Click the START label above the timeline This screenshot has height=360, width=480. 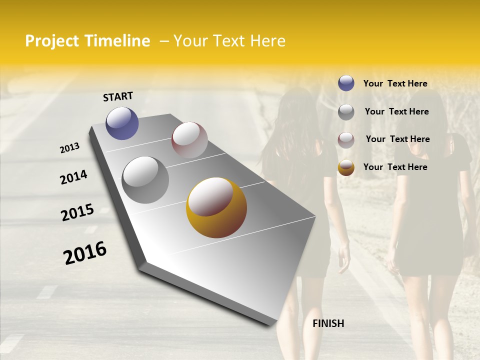pos(118,96)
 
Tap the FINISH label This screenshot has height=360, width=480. pos(328,323)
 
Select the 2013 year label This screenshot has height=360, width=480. pos(70,147)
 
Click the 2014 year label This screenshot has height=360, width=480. pos(73,177)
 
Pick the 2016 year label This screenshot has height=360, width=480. pos(85,252)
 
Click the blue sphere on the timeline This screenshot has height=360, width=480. pos(122,123)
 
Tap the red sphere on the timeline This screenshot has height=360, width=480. pos(189,140)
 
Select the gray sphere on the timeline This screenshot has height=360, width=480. pos(145,180)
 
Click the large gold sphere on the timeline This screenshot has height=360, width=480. pos(216,207)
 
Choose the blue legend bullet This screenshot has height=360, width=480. pos(346,83)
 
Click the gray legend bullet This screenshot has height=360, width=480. pos(346,112)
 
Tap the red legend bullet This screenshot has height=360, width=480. pos(346,139)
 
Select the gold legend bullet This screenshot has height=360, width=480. pos(346,167)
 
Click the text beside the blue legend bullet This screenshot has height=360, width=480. pos(395,83)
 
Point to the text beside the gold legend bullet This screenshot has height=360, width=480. pos(395,167)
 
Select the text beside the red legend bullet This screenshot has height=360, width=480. pos(397,139)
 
